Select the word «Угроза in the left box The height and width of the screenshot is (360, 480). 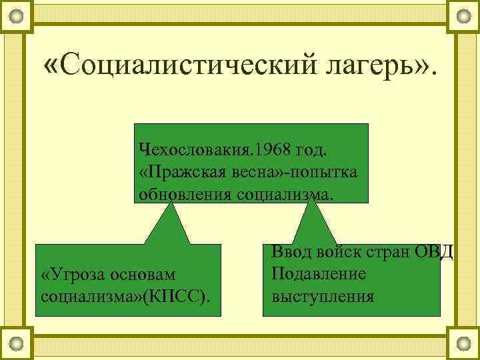(x=69, y=275)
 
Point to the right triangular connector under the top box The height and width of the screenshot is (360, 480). (x=313, y=223)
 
